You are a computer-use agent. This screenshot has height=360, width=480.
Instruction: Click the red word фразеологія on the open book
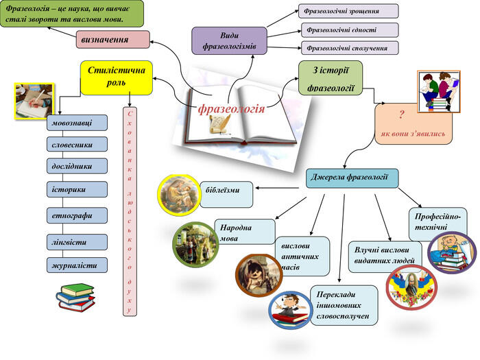coord(231,109)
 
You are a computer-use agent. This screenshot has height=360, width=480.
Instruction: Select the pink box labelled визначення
coord(112,40)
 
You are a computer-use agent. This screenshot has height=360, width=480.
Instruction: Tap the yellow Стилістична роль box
coord(117,77)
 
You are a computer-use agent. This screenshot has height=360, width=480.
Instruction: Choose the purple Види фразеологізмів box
coord(229,40)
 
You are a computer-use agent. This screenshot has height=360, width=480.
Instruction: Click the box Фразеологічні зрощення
coord(348,12)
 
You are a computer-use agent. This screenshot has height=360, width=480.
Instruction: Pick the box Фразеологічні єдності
coord(350,30)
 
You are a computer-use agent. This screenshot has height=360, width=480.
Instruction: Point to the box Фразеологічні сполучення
coord(350,48)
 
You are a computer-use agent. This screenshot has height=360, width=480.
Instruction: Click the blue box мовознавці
coord(77,123)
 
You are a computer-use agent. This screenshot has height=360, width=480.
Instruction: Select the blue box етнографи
coord(77,215)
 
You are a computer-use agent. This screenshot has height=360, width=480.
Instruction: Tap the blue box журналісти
coord(77,265)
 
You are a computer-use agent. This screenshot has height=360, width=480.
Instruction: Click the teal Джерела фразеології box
coord(352,178)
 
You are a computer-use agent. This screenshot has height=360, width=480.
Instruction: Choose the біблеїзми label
coord(223,190)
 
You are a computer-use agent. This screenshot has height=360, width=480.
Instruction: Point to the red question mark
coord(401,115)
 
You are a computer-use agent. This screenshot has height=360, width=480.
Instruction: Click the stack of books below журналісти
coord(75,297)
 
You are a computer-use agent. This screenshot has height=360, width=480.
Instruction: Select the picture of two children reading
coord(439,91)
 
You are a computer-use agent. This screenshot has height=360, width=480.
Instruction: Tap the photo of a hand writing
coord(34,101)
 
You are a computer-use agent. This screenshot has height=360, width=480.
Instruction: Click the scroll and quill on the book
coord(219,125)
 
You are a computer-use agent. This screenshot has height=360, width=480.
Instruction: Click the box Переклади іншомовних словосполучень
coord(344,305)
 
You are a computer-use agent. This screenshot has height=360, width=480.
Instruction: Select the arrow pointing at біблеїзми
coord(277,188)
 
